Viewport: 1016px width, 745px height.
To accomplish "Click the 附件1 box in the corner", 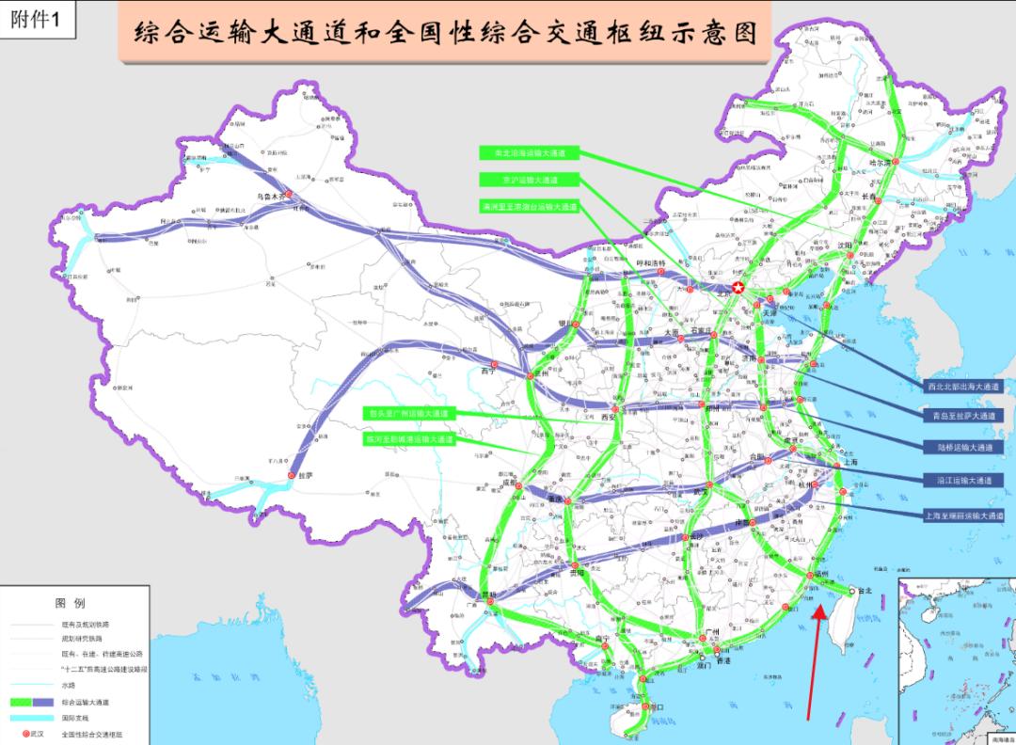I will point(40,21).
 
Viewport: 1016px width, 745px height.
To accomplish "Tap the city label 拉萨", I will point(305,476).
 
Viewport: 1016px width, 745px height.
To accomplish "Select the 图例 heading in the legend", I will point(71,602).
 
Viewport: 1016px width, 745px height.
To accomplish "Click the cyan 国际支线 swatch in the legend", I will point(34,718).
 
